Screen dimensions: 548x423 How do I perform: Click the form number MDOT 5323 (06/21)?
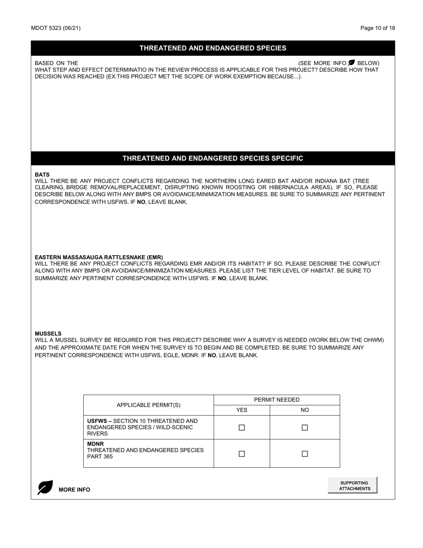(x=56, y=28)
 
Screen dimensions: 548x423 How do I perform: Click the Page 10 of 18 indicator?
(x=378, y=28)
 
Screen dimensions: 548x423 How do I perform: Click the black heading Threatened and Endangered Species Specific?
(x=213, y=159)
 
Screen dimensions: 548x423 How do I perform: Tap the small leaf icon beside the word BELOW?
(x=352, y=63)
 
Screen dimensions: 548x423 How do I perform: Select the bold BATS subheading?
(x=42, y=175)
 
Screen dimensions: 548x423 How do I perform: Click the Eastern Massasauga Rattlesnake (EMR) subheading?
(x=99, y=258)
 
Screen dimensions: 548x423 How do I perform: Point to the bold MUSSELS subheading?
(x=48, y=334)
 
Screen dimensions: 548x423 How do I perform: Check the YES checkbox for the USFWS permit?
(x=242, y=428)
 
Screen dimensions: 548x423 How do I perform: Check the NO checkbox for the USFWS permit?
(x=305, y=428)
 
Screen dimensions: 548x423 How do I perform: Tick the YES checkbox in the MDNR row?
(x=242, y=454)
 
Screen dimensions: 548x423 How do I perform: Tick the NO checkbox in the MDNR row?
(x=305, y=454)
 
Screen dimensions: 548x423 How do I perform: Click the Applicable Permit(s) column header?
(x=149, y=405)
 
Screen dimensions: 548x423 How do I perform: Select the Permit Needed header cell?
(x=277, y=400)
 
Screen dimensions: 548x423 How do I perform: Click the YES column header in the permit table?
(x=242, y=410)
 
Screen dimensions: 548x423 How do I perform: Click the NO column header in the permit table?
(x=305, y=410)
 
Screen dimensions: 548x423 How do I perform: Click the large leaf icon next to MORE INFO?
(x=45, y=487)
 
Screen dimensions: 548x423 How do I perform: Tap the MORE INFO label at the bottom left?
(x=74, y=490)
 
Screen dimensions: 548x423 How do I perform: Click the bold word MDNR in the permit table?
(x=95, y=444)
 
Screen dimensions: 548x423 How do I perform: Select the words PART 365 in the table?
(x=100, y=457)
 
